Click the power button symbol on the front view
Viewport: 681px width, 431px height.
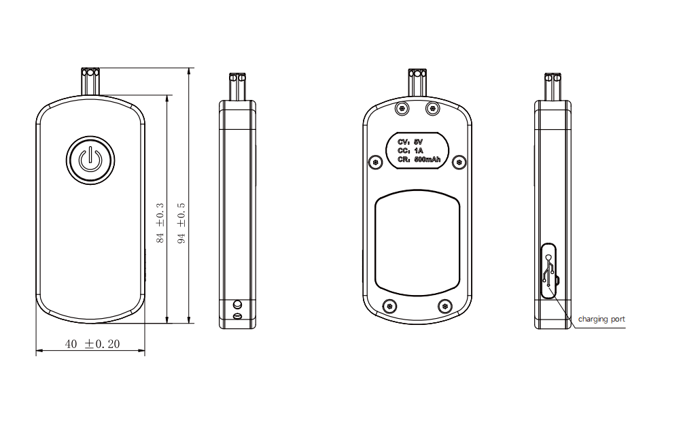[x=90, y=160]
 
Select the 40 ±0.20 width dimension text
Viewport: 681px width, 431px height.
[x=92, y=344]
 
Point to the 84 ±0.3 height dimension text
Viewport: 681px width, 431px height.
[x=160, y=222]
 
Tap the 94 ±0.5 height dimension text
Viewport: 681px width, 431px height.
[x=181, y=222]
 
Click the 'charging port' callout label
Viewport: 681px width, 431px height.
[x=601, y=320]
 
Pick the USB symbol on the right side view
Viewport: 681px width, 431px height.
[x=549, y=270]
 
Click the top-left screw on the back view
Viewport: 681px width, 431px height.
[x=402, y=108]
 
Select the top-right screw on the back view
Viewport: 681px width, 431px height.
[x=432, y=108]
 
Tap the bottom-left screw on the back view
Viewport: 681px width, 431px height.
[x=389, y=307]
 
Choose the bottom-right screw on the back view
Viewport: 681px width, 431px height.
[x=444, y=307]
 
